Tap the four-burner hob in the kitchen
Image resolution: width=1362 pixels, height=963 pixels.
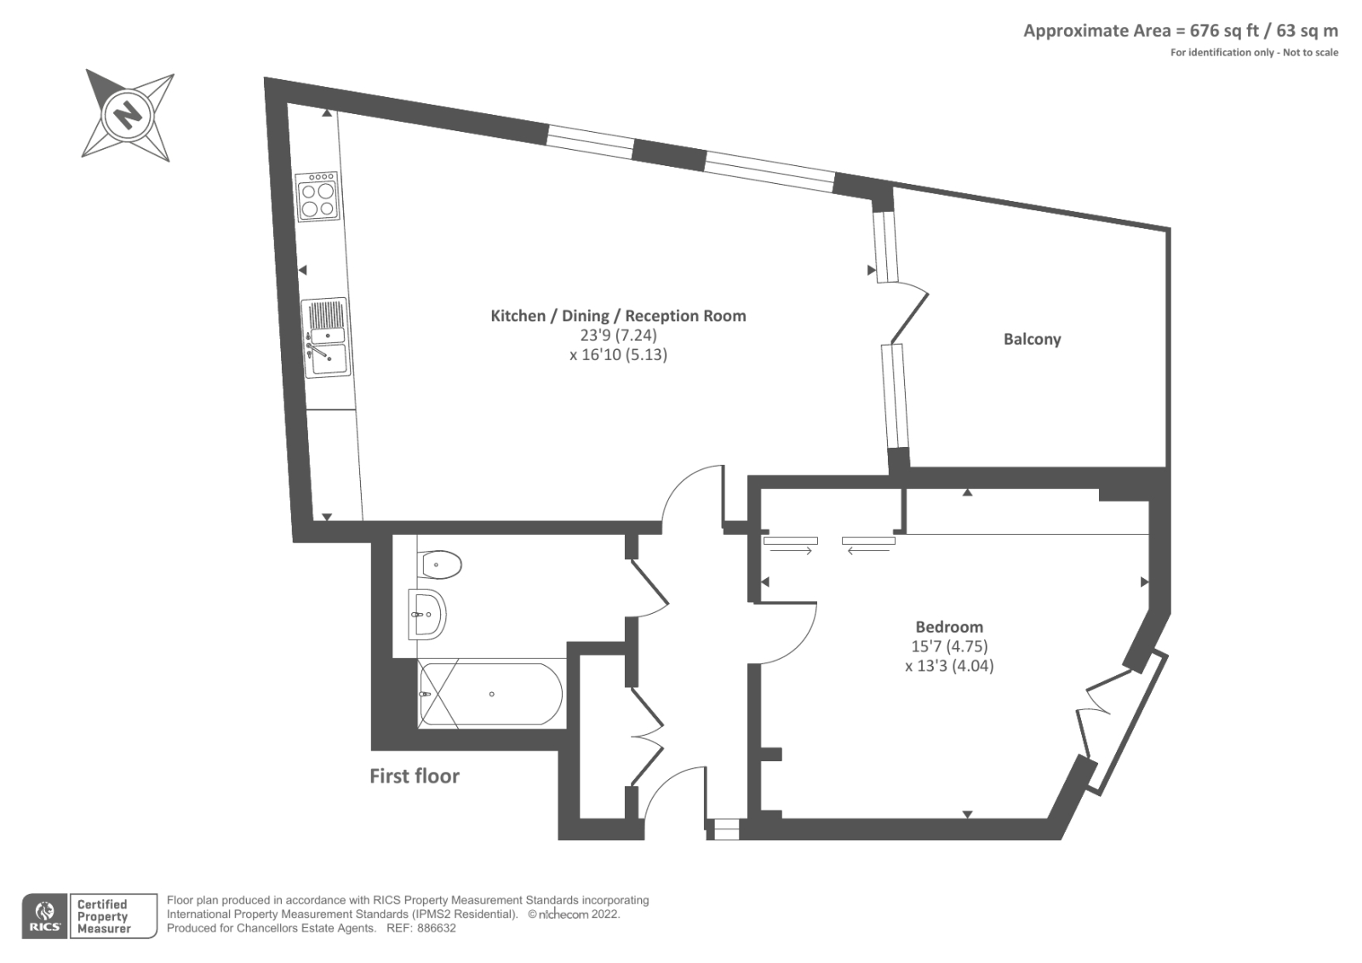pos(317,198)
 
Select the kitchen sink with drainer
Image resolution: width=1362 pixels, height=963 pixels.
pos(326,338)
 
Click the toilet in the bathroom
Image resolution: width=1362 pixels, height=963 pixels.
pos(440,564)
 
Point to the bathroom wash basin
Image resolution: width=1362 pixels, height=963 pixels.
pos(428,614)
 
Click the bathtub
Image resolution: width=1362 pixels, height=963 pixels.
pos(491,694)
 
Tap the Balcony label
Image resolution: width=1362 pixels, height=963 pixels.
pos(1032,339)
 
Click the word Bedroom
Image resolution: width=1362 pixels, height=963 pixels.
pos(949,627)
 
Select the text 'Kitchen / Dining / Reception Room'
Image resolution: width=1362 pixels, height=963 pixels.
pos(618,316)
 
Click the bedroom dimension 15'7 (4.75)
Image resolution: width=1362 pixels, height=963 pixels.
pos(949,646)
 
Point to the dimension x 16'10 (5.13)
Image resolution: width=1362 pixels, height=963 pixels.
pos(618,354)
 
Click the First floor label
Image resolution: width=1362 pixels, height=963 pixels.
pos(415,776)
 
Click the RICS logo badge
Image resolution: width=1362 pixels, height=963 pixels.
pos(43,915)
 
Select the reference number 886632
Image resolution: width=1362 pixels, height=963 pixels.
pos(435,928)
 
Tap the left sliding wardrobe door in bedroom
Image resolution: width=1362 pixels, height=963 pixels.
pos(790,541)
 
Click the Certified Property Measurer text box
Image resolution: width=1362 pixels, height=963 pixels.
pos(114,916)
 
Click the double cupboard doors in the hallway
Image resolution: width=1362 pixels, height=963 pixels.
pos(647,737)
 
